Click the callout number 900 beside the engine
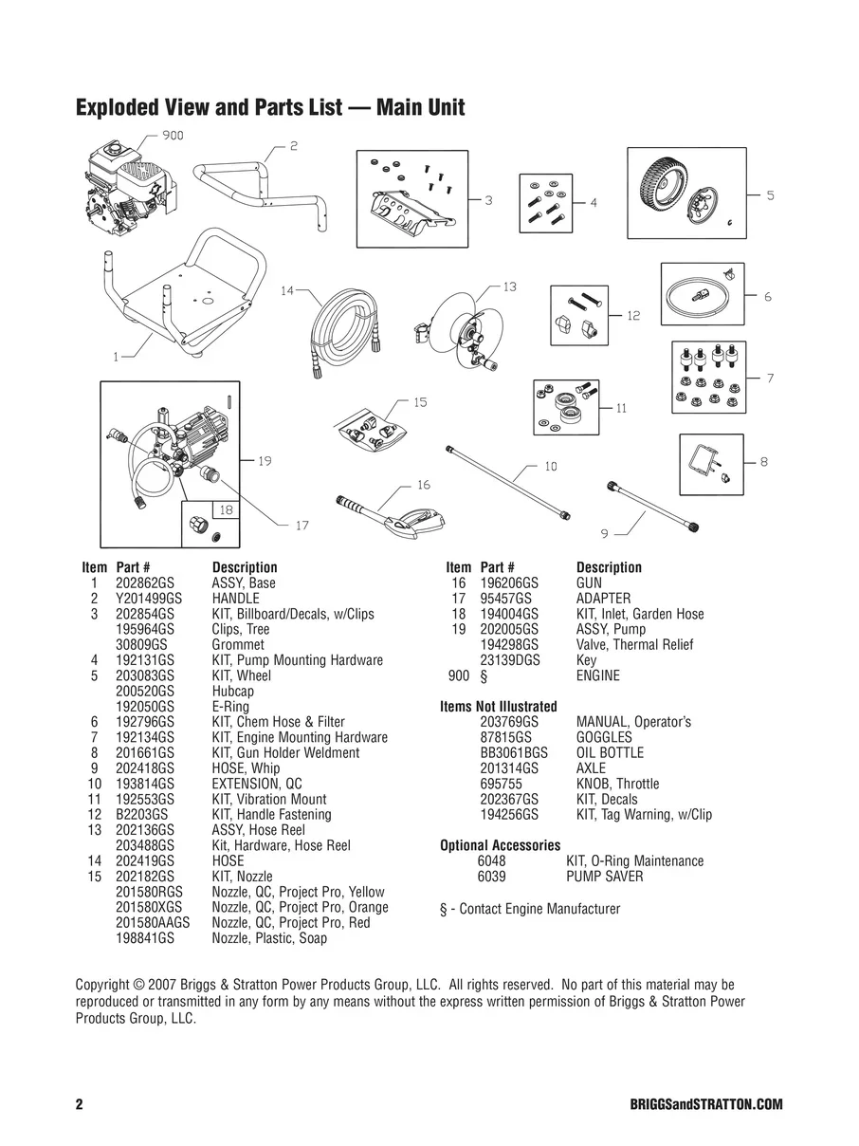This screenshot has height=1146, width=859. click(172, 136)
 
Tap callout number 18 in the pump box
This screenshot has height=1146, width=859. click(226, 510)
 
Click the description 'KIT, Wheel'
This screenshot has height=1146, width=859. click(241, 675)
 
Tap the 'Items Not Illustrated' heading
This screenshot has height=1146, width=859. click(498, 707)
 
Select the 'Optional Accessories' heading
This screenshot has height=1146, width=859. click(500, 845)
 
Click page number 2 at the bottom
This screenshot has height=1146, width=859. click(80, 1105)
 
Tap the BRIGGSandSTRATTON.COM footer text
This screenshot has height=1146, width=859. click(705, 1105)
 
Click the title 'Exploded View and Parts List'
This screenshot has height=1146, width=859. click(269, 107)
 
